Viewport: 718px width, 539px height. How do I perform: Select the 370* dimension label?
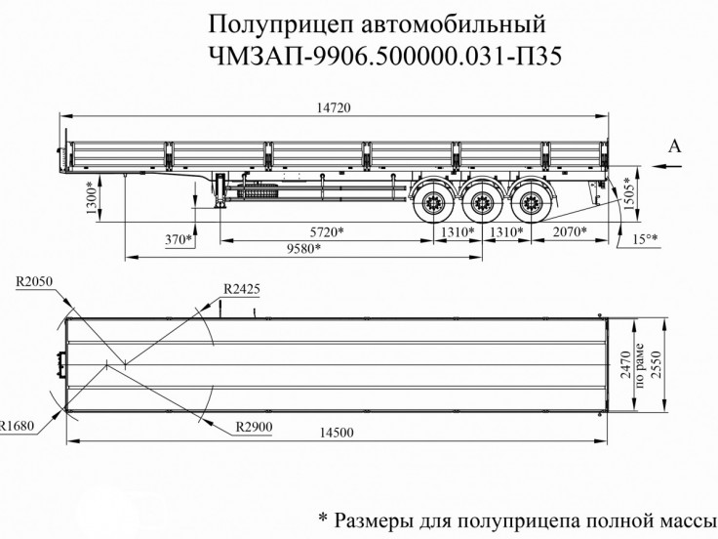tap(179, 238)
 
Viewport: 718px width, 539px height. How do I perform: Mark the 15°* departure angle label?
tap(646, 238)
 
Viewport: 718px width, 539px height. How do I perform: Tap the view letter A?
tap(674, 146)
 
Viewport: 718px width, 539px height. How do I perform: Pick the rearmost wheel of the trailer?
tap(530, 206)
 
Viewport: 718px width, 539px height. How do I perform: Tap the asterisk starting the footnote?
tap(324, 516)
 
